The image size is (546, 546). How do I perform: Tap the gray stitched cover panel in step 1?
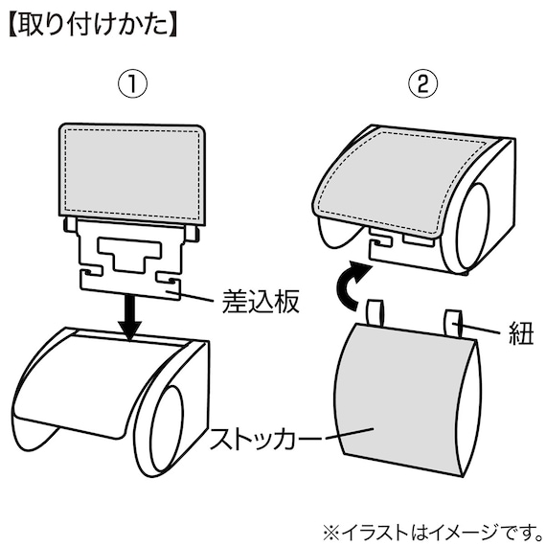133,169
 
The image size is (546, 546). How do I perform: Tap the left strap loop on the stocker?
375,311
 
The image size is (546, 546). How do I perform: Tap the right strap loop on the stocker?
452,319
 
